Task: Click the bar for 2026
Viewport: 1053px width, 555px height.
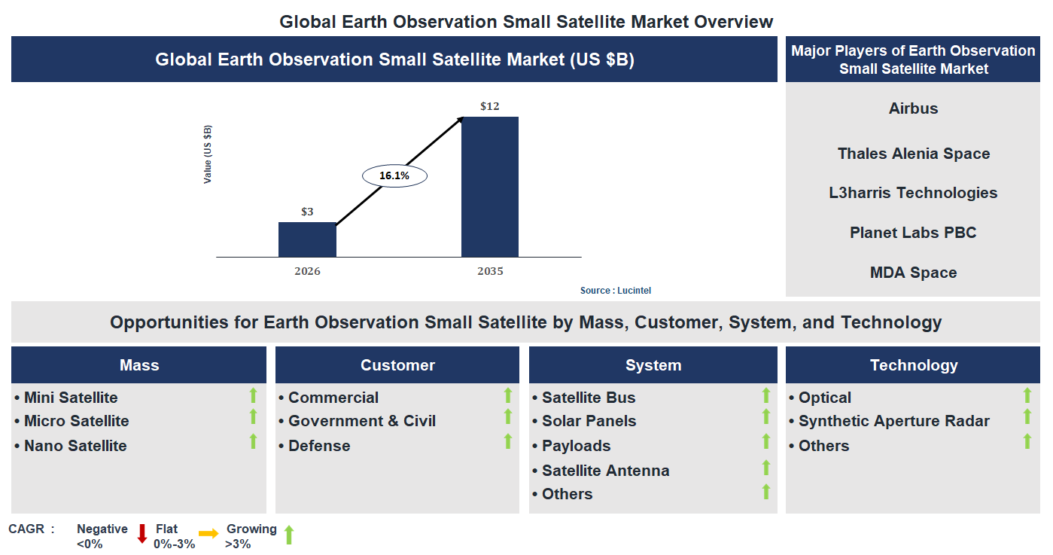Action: coord(307,239)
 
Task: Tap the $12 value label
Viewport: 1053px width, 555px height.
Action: coord(490,106)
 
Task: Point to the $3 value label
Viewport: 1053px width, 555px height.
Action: coord(307,212)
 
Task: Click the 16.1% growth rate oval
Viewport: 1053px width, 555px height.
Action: coord(394,175)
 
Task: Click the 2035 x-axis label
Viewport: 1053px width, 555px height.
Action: coord(490,271)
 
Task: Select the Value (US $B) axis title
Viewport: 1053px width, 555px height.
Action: coord(208,154)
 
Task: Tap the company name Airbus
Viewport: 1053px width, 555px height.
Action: coord(913,108)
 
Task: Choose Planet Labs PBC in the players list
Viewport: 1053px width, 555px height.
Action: coord(913,233)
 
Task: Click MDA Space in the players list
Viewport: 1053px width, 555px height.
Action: coord(913,273)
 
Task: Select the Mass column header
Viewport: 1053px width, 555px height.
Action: coord(139,365)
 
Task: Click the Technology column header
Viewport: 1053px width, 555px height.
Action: coord(914,365)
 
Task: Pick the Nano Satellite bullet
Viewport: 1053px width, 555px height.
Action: coord(75,446)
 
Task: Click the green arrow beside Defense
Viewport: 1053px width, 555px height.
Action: coord(508,441)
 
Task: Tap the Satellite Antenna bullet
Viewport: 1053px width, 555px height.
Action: coord(605,471)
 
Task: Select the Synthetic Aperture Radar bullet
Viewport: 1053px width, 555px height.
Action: coord(893,421)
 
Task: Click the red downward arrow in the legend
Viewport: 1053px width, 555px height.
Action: coord(142,534)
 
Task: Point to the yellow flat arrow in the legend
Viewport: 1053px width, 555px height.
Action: coord(208,534)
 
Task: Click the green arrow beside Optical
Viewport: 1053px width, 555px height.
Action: coord(1027,395)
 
